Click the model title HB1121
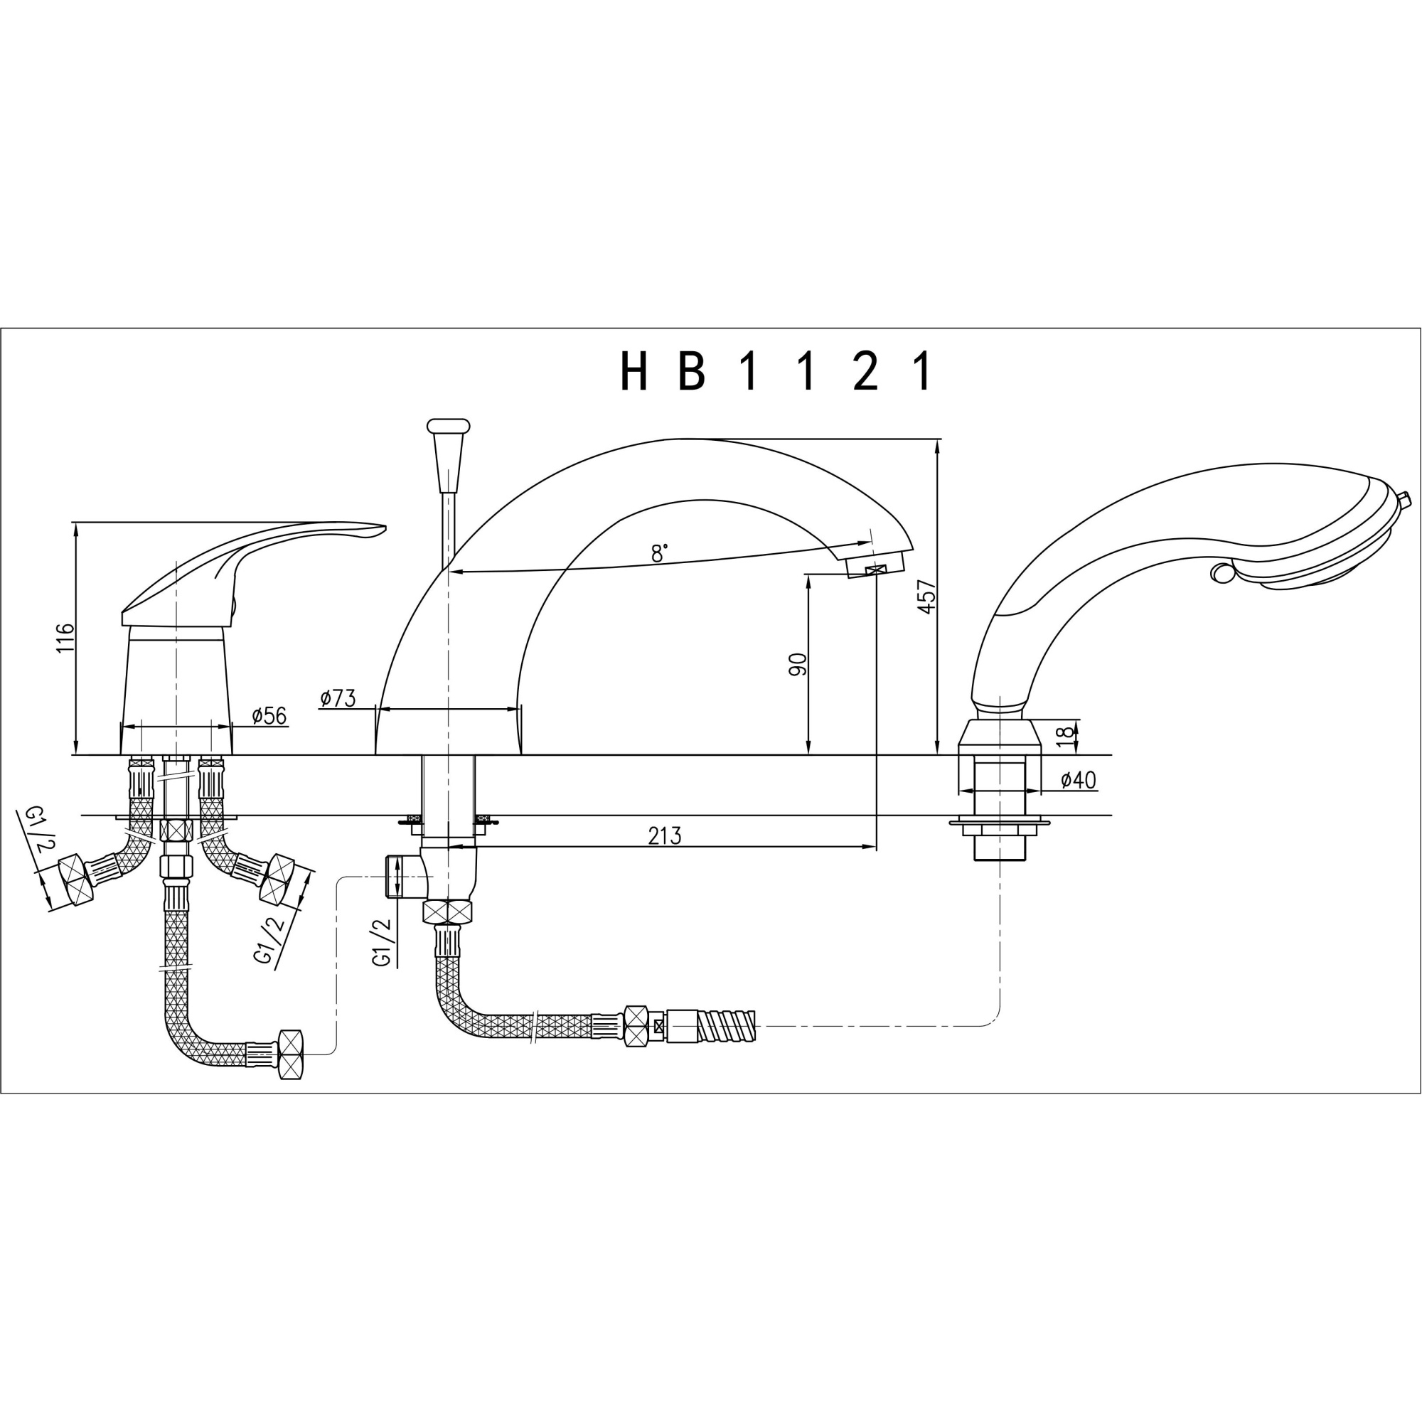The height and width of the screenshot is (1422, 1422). (776, 371)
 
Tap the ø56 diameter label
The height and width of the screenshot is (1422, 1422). (269, 715)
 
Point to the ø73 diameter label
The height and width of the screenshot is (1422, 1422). (338, 698)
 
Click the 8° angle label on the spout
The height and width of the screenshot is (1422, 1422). (660, 553)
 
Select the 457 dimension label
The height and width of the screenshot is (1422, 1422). (926, 597)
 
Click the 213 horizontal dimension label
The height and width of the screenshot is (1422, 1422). (665, 836)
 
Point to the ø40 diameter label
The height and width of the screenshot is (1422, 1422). (1079, 780)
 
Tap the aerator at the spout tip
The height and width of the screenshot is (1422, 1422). (875, 566)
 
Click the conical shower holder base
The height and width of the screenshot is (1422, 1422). (1000, 737)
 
